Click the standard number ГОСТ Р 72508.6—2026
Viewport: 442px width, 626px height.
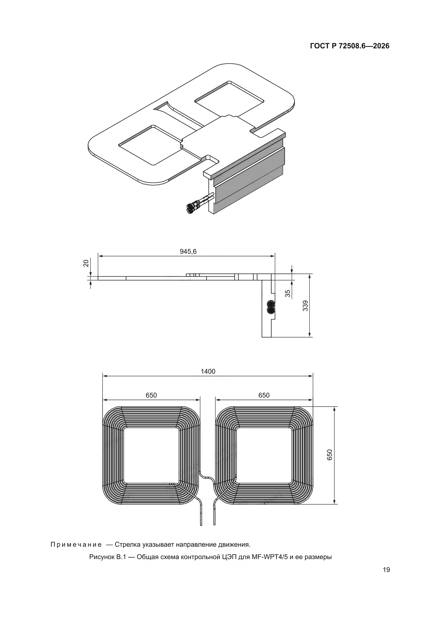[x=350, y=46]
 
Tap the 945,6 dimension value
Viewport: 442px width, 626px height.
[x=188, y=251]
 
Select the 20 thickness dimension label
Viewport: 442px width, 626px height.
[x=86, y=263]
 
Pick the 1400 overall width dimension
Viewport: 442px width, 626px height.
[x=208, y=371]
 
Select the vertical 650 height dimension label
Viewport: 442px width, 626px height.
[x=330, y=455]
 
